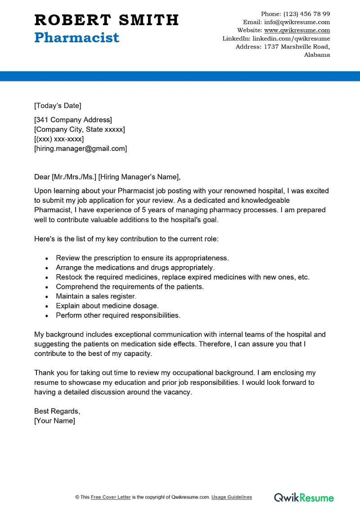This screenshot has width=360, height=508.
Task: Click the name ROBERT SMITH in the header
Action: tap(106, 20)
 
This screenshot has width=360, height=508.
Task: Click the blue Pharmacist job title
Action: tap(76, 37)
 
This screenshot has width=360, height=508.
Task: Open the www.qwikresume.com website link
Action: tap(297, 30)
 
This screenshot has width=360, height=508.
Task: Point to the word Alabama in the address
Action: tap(317, 55)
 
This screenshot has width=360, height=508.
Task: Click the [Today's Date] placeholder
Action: tap(58, 106)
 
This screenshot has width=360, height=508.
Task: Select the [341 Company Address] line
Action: tap(73, 120)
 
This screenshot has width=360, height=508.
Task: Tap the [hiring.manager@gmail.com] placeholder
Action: tap(81, 148)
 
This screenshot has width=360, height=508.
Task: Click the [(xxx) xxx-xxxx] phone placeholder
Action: tap(59, 139)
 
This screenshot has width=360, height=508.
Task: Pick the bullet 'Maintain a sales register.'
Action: tap(96, 296)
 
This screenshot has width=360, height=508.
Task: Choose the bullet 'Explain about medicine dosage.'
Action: tap(107, 306)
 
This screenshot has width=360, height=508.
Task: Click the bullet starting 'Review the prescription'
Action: tap(142, 258)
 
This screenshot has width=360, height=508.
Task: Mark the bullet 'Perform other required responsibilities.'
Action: tap(118, 315)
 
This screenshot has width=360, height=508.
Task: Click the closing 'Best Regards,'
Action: tap(57, 411)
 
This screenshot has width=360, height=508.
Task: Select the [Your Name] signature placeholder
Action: tap(54, 421)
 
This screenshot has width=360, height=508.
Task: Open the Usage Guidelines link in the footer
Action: tap(232, 497)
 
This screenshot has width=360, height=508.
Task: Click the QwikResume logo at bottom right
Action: tap(304, 497)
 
